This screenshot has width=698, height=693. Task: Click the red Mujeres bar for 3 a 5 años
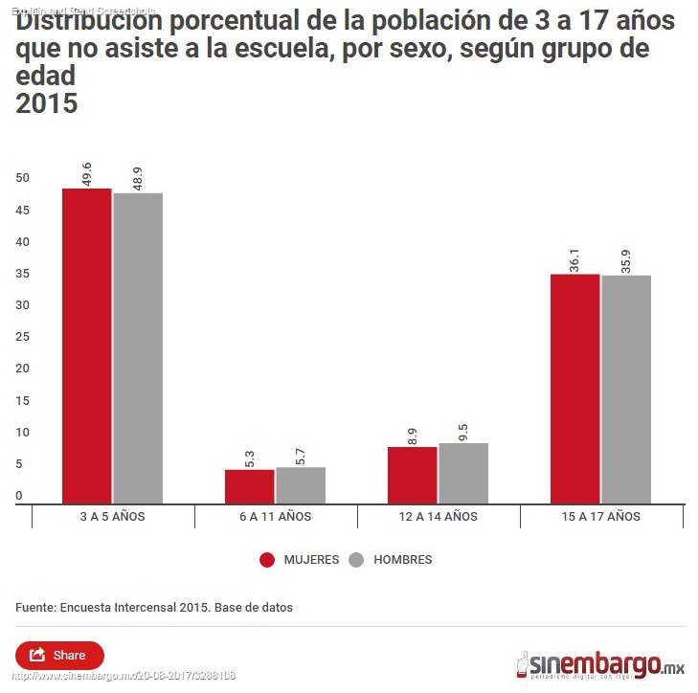[87, 346]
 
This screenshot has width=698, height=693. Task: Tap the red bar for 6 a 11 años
[250, 486]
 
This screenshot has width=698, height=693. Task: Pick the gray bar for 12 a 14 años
[463, 473]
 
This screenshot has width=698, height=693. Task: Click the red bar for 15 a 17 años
[575, 389]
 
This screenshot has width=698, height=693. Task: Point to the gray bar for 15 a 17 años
[626, 390]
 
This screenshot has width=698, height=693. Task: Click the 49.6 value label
[87, 172]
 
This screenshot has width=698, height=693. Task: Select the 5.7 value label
[301, 451]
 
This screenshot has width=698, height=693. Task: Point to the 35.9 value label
[626, 259]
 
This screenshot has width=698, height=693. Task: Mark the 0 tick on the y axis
[19, 496]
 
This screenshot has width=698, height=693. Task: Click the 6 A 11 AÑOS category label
[276, 516]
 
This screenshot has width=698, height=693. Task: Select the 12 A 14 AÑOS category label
[439, 516]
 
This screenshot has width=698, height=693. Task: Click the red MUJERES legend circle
[267, 560]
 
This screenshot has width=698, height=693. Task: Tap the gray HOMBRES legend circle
[357, 560]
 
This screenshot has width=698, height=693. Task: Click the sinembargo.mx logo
[600, 662]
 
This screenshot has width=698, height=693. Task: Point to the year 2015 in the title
[46, 103]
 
